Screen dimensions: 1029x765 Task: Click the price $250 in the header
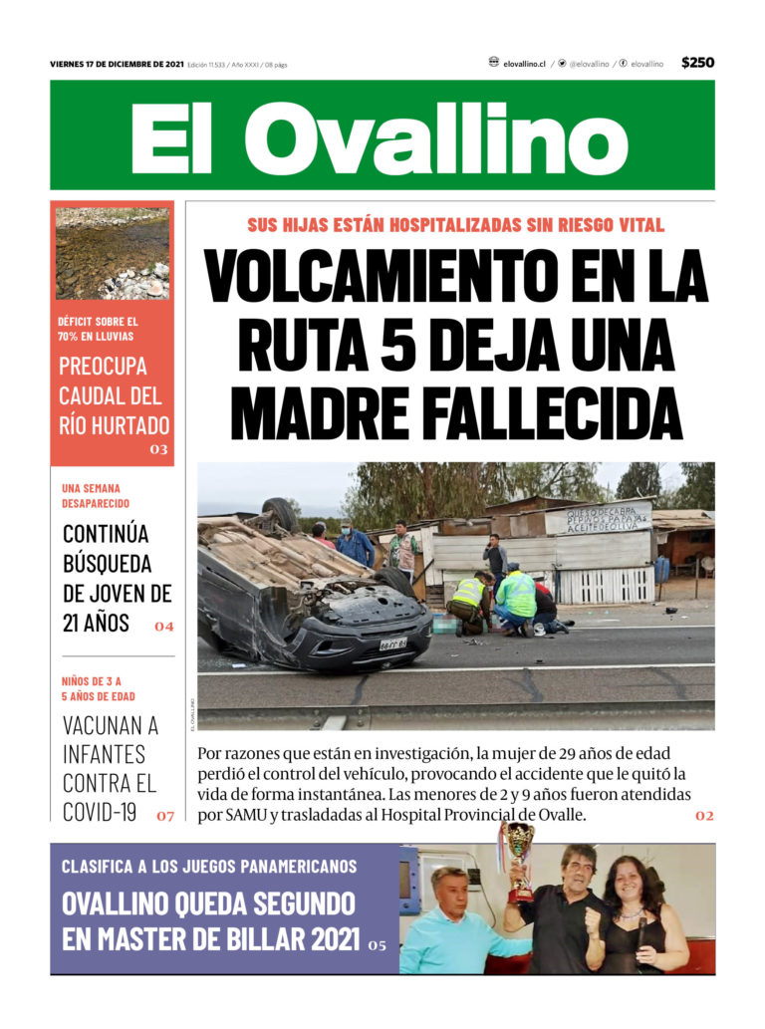coord(697,63)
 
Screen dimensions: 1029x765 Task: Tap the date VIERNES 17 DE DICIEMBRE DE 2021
coord(116,64)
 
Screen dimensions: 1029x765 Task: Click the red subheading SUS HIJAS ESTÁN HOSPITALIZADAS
coord(455,226)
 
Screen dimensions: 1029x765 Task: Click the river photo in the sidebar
coord(112,253)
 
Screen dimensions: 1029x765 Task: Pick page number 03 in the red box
coord(159,450)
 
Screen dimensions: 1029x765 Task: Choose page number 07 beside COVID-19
coord(165,816)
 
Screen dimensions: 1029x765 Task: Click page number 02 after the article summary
coord(704,816)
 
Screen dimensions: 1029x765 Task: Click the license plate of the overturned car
coord(392,644)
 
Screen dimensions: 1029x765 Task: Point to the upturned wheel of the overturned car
coord(279,515)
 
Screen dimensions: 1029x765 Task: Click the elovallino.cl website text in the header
coord(524,64)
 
